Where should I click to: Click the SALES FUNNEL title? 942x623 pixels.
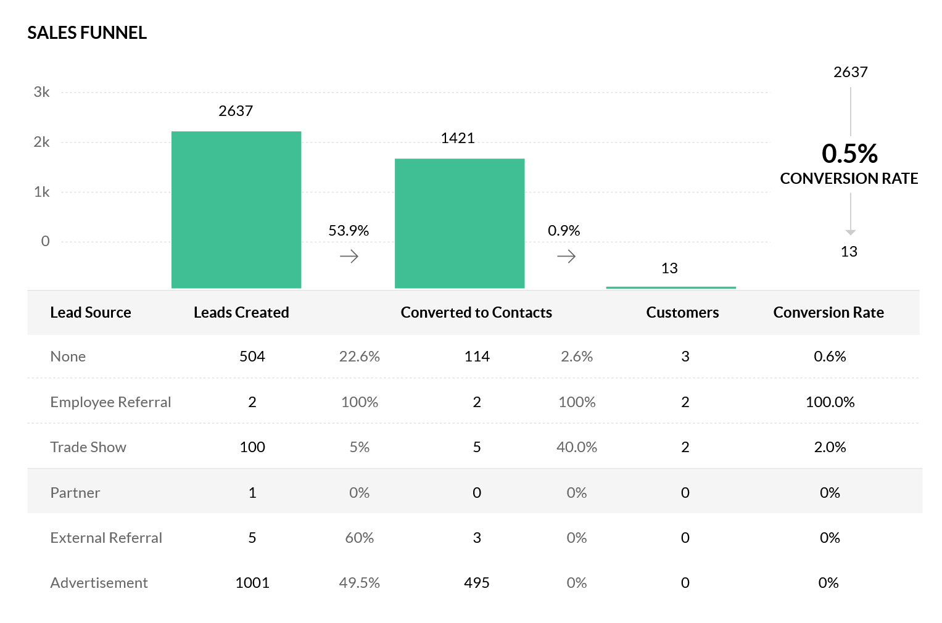click(87, 33)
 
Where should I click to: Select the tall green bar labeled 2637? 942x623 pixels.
click(236, 210)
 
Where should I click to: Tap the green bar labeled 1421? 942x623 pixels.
click(460, 223)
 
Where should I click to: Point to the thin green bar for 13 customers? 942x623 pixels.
click(671, 287)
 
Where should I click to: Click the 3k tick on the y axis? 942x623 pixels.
click(42, 93)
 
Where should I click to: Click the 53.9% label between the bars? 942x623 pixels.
click(349, 231)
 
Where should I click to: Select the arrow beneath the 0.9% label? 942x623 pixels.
click(566, 257)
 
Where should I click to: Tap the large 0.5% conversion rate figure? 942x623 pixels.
click(849, 154)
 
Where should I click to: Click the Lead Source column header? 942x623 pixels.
click(91, 313)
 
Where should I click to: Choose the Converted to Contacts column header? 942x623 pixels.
click(476, 313)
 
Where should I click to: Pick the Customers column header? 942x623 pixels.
click(682, 313)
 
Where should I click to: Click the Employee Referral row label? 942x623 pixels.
click(110, 402)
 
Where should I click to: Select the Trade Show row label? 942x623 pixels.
click(88, 447)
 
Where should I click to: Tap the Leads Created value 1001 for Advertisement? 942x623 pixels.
click(252, 583)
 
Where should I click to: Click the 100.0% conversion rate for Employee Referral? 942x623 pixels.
click(830, 402)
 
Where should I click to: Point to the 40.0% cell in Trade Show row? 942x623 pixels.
click(577, 447)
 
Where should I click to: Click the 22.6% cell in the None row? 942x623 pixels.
click(360, 357)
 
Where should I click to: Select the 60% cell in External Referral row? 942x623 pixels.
click(360, 538)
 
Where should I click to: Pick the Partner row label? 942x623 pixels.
click(75, 493)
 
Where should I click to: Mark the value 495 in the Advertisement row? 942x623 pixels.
click(477, 583)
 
